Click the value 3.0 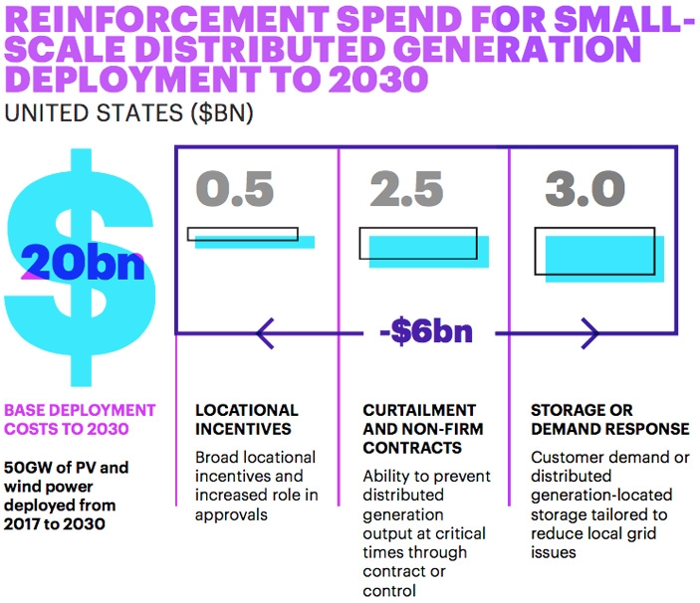(x=584, y=189)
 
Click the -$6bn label (x=425, y=331)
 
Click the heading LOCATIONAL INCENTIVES (x=246, y=419)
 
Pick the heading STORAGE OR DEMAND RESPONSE (x=609, y=419)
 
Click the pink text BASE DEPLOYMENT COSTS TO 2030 (x=81, y=419)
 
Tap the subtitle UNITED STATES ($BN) (x=129, y=112)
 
